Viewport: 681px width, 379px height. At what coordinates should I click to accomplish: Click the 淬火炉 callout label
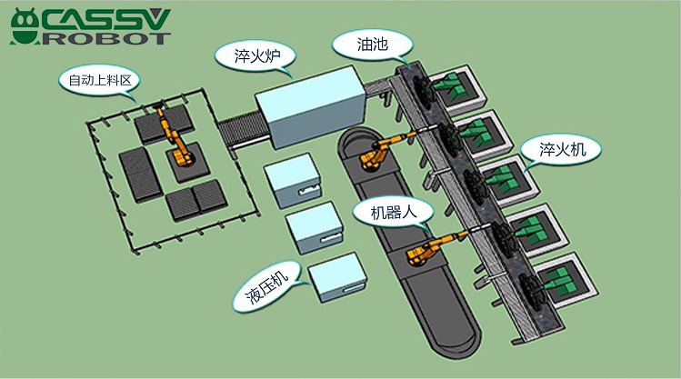[x=256, y=56]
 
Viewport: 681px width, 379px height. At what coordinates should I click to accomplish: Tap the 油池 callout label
[x=372, y=45]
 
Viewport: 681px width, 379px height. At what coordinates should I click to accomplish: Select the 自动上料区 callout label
[x=100, y=80]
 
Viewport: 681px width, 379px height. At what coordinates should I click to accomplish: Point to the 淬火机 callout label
[x=562, y=150]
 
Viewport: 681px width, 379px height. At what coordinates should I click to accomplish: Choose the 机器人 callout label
[x=393, y=213]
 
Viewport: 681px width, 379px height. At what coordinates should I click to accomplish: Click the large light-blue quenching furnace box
[x=310, y=106]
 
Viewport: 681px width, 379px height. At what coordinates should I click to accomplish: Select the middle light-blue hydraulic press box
[x=315, y=227]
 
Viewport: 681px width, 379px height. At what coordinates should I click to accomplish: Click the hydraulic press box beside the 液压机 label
[x=337, y=277]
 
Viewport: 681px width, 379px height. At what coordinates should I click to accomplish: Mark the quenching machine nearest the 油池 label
[x=457, y=90]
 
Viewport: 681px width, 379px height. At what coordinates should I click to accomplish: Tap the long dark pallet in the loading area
[x=140, y=175]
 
